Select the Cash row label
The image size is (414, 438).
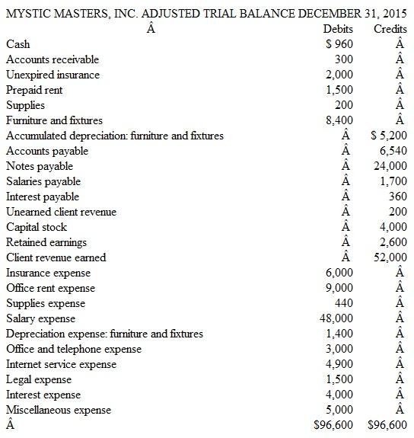click(18, 44)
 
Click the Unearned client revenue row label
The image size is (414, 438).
click(61, 212)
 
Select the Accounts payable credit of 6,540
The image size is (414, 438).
click(393, 151)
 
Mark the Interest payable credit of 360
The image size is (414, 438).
click(398, 197)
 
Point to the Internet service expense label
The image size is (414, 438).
click(61, 364)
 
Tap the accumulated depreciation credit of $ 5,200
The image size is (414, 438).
click(388, 136)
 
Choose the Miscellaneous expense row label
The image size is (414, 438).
click(58, 410)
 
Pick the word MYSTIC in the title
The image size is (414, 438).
click(27, 11)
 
